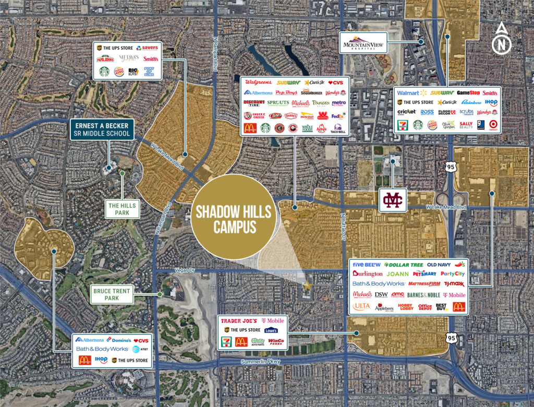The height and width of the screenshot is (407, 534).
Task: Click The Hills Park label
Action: (122, 209)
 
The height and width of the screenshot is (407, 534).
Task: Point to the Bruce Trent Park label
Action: (112, 294)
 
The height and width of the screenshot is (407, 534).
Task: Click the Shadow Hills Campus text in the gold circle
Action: (233, 219)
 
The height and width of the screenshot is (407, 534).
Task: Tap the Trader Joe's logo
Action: (240, 320)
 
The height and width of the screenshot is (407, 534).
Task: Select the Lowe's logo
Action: (270, 330)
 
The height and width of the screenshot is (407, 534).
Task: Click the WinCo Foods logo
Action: (276, 342)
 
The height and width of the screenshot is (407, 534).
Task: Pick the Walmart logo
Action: (408, 92)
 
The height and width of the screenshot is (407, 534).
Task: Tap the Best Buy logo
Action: (441, 307)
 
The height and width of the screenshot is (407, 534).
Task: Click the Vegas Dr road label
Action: (182, 271)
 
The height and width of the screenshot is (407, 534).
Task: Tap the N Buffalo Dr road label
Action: (343, 230)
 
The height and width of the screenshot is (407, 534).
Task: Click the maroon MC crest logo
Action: (392, 200)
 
